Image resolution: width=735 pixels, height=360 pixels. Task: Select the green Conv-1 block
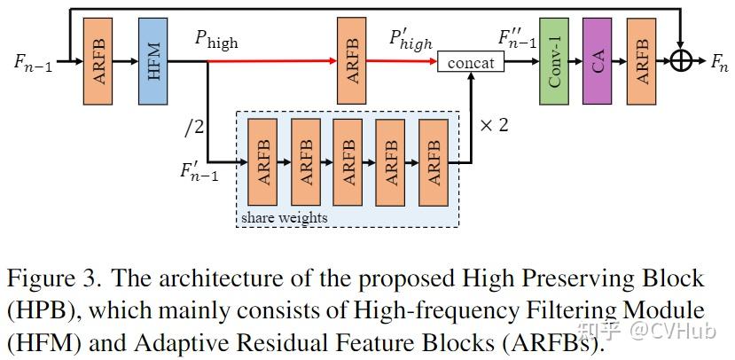click(554, 62)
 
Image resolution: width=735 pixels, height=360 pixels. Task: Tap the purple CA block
click(597, 62)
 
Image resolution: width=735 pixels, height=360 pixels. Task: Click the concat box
click(471, 63)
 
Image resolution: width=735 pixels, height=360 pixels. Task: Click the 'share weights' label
click(284, 217)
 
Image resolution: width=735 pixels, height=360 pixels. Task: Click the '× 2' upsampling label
click(493, 125)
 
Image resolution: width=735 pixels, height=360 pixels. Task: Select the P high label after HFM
click(217, 41)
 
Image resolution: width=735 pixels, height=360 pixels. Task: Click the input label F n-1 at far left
click(33, 63)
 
